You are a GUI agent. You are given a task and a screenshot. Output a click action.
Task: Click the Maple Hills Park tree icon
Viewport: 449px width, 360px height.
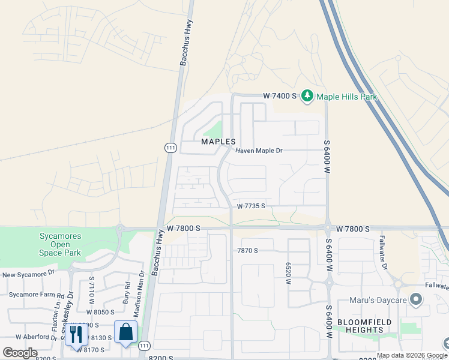click(307, 96)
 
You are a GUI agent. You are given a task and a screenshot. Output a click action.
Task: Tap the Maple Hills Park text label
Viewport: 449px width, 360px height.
click(344, 96)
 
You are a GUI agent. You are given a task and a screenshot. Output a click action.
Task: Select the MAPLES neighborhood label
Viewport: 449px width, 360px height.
click(217, 142)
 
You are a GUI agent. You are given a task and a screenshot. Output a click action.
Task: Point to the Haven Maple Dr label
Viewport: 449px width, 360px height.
click(259, 151)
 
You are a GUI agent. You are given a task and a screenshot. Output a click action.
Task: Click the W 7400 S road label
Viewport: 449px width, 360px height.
click(280, 96)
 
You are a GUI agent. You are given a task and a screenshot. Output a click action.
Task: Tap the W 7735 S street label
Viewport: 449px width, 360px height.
click(251, 206)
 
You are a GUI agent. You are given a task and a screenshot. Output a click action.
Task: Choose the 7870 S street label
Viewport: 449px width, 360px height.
click(247, 250)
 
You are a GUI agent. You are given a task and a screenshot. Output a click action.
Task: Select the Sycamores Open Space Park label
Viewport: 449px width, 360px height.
click(60, 244)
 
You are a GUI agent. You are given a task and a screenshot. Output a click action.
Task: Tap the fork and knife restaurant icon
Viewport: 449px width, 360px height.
click(76, 334)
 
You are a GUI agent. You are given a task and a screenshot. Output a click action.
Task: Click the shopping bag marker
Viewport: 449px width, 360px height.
click(125, 332)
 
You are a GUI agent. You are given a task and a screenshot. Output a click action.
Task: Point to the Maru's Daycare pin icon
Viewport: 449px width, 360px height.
click(415, 300)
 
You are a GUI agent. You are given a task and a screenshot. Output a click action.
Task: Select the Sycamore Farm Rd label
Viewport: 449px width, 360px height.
click(36, 295)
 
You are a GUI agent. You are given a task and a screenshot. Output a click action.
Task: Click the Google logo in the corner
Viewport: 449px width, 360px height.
click(20, 353)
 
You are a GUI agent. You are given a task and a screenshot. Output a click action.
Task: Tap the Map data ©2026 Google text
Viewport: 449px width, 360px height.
click(412, 355)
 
